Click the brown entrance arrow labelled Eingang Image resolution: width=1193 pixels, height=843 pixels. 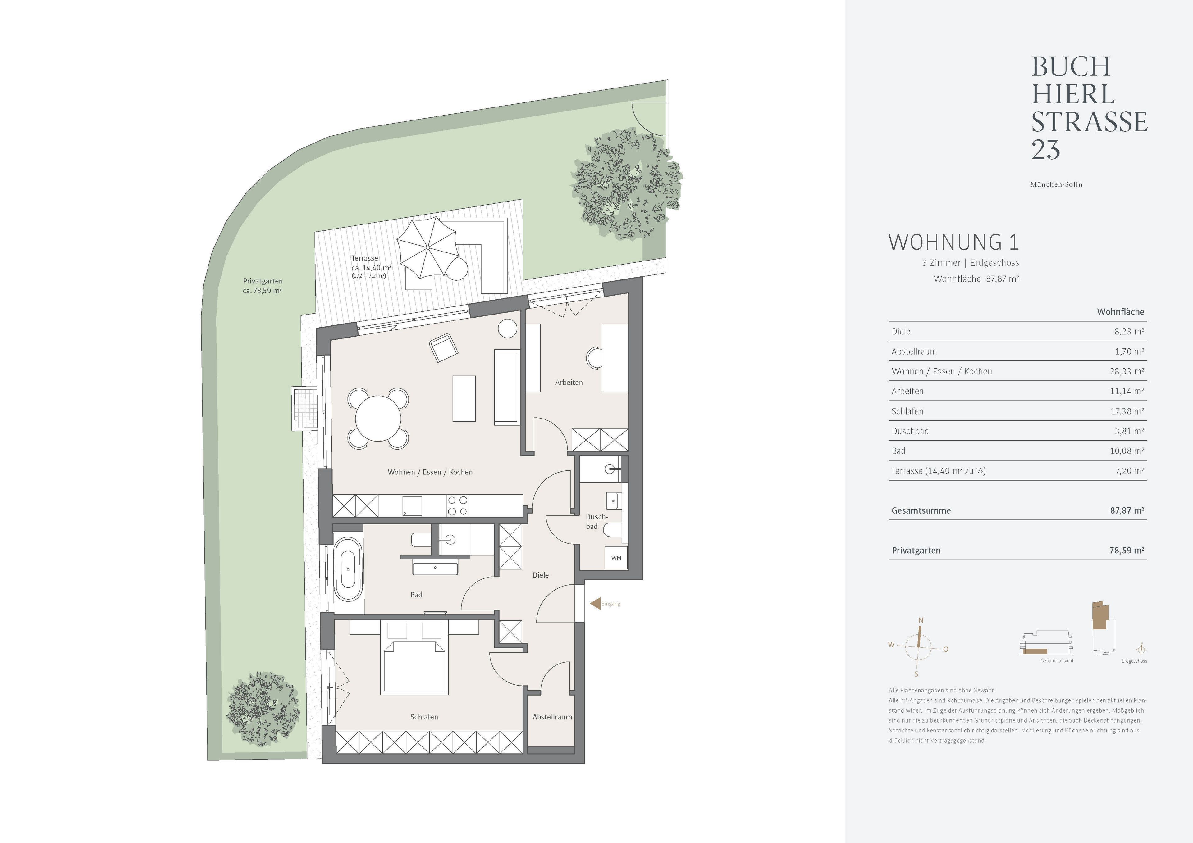[x=595, y=604]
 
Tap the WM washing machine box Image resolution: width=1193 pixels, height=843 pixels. [x=616, y=558]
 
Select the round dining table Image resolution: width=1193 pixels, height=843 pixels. [x=378, y=418]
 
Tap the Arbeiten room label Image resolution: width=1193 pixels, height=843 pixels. [x=569, y=382]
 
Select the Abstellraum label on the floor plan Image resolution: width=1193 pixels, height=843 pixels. [x=552, y=717]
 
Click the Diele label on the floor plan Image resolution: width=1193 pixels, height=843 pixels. [x=541, y=575]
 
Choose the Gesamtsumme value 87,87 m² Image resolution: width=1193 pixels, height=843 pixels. [x=1127, y=510]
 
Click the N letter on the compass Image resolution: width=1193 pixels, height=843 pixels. [x=921, y=620]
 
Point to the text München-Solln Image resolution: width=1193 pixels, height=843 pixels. [x=1056, y=184]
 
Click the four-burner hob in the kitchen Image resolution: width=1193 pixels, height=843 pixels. [x=457, y=506]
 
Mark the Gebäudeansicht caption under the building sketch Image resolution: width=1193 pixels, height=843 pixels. [x=1057, y=661]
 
